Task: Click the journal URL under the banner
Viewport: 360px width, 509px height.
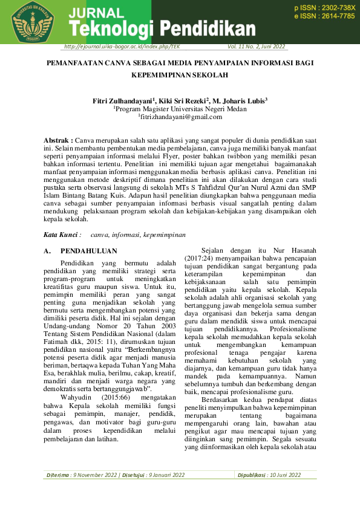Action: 121,47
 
